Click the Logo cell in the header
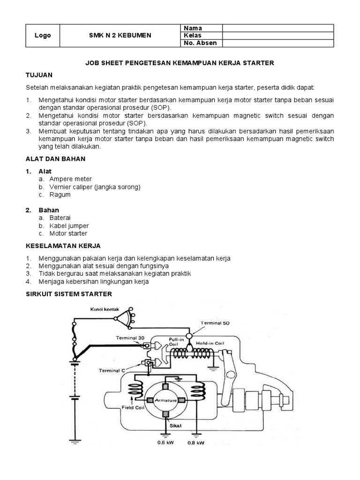coord(43,36)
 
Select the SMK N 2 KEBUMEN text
coord(120,36)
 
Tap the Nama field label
coord(193,28)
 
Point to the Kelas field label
coord(193,36)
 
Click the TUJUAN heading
coord(39,75)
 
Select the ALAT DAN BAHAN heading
coord(56,159)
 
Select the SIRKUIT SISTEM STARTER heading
coord(69,294)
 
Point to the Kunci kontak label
coord(105,309)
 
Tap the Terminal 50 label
coord(216,323)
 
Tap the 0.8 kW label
coord(195,442)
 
